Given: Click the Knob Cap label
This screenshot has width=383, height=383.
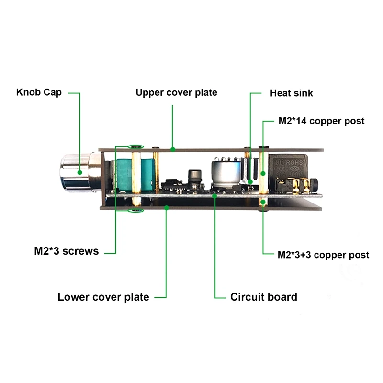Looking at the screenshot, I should (39, 92).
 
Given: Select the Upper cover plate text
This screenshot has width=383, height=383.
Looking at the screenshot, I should (176, 92).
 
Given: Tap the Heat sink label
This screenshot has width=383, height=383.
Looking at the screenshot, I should (291, 93).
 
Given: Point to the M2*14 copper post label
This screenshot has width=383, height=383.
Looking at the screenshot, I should (321, 121).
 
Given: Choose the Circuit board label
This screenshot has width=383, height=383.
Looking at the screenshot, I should (263, 297).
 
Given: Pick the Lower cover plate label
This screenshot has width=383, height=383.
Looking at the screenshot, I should (103, 297).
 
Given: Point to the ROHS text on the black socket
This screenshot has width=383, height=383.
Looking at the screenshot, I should (293, 163).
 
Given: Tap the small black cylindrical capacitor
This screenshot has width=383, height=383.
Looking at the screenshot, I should (195, 176).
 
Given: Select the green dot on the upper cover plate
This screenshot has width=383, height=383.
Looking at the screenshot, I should (172, 149).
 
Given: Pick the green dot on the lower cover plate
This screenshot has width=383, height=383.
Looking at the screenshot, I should (166, 207).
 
